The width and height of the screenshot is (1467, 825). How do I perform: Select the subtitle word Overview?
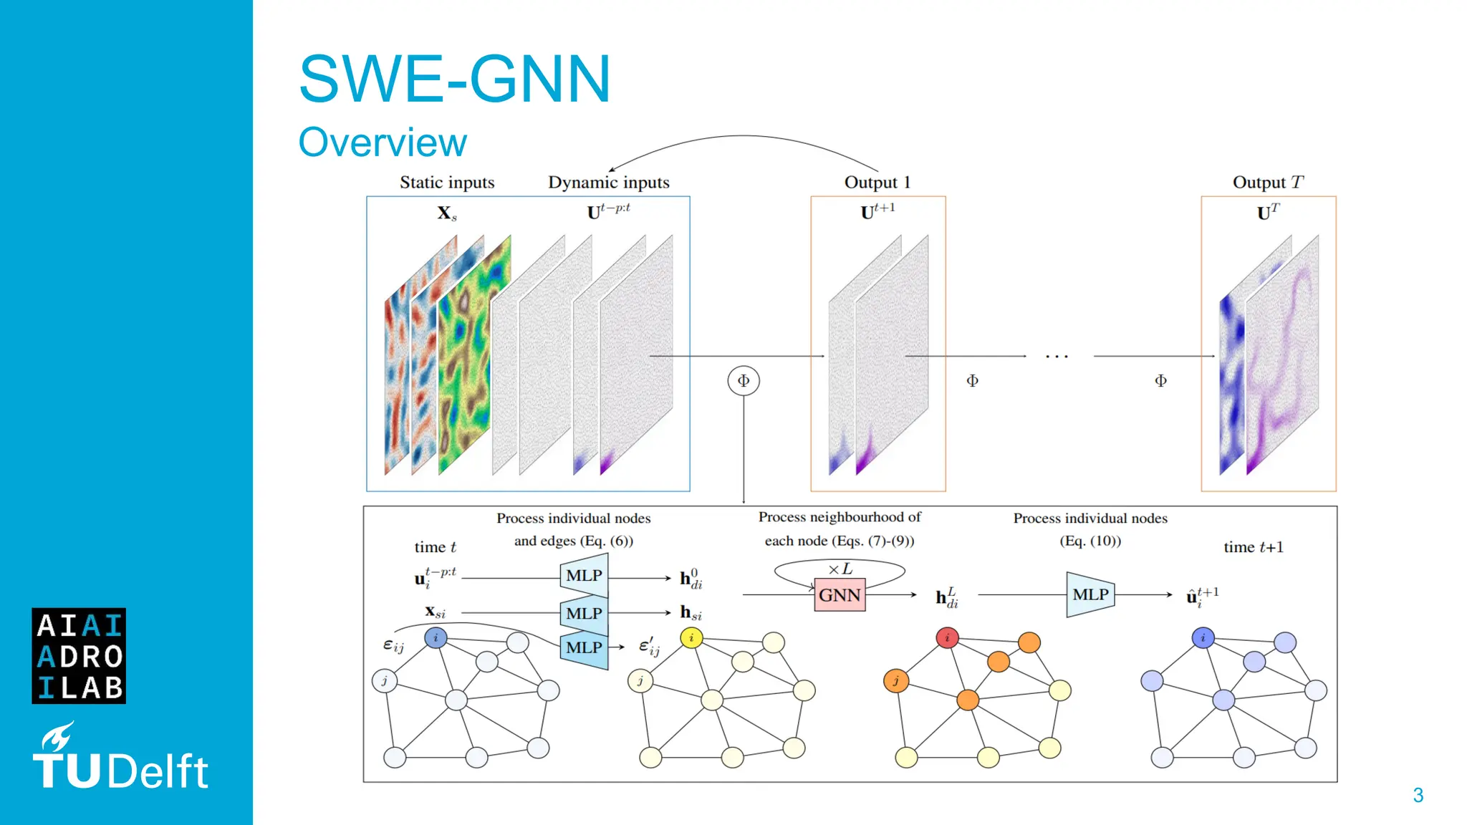point(383,142)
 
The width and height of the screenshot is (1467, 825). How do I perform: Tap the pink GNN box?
point(840,595)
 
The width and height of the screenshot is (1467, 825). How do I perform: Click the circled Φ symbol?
point(744,380)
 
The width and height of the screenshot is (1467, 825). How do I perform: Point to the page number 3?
point(1418,795)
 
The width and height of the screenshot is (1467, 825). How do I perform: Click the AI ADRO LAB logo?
point(79,656)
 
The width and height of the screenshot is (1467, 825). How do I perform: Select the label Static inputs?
point(447,183)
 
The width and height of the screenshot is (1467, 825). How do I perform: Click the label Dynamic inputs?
point(609,183)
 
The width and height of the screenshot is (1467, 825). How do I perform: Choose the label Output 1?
point(877,183)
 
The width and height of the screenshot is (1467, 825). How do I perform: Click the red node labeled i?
point(947,637)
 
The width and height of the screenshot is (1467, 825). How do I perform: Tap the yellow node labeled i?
point(691,637)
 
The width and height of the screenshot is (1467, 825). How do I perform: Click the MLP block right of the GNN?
point(1090,594)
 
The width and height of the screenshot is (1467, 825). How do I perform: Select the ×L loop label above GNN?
point(840,569)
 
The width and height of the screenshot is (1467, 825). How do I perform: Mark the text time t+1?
point(1254,547)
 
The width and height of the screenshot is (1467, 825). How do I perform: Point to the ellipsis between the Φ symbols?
point(1057,356)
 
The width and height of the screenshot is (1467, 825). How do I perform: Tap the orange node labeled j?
point(895,680)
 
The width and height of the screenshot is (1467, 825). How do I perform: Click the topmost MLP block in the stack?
point(584,576)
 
